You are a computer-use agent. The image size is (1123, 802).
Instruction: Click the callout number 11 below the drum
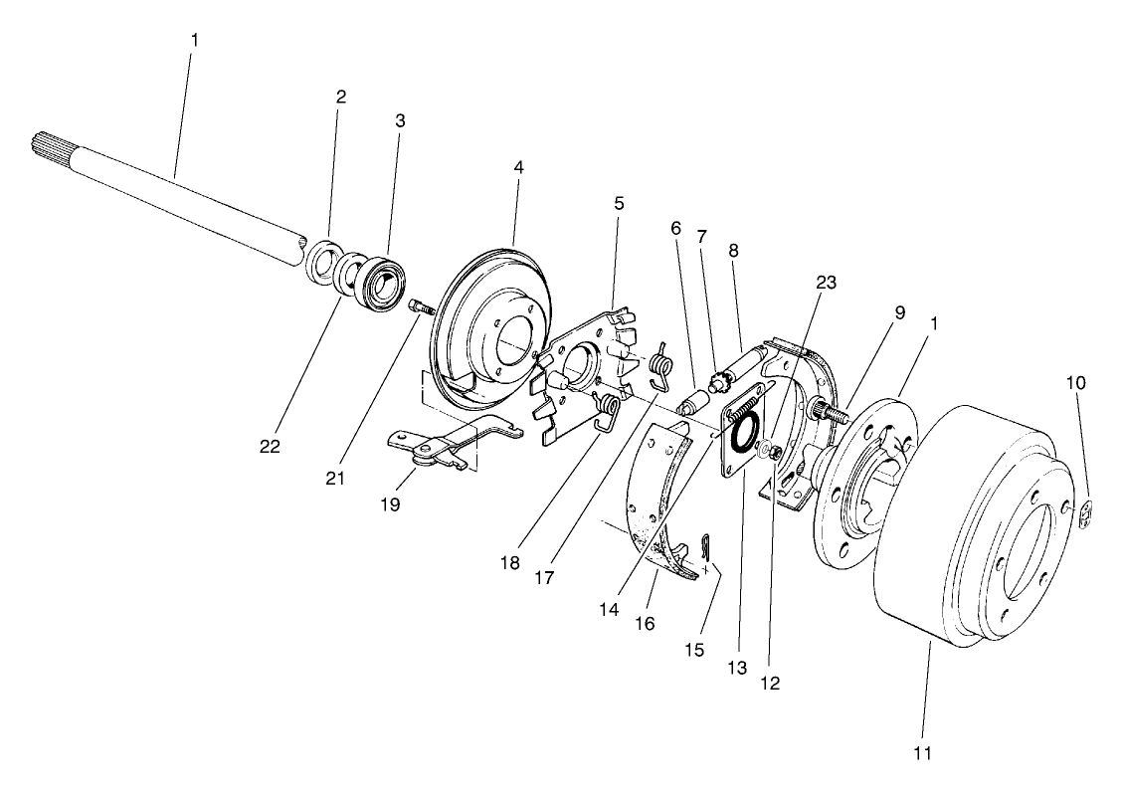[x=922, y=753]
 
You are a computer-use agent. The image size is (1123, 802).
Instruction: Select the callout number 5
[x=619, y=202]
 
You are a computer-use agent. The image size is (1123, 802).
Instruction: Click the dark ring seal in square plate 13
[x=743, y=435]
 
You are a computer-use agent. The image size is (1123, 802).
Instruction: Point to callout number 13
[x=738, y=669]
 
